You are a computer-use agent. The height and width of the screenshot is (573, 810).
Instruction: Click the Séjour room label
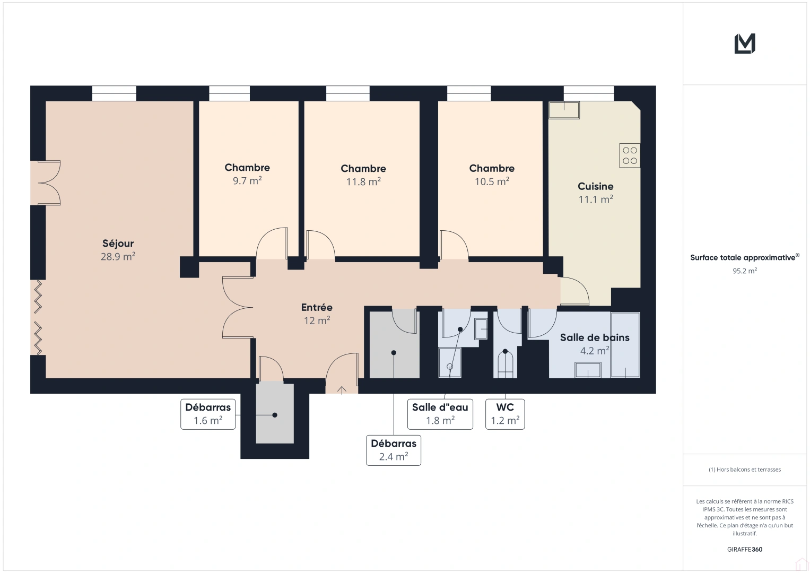(118, 244)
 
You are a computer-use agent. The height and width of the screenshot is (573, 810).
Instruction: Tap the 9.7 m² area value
(247, 180)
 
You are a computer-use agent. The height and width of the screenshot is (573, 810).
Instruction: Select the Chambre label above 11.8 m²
(363, 169)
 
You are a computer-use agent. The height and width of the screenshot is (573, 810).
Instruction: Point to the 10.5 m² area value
(492, 181)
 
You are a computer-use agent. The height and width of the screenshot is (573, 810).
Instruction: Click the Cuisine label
(596, 186)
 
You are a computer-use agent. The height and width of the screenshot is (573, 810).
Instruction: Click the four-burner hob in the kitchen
(630, 155)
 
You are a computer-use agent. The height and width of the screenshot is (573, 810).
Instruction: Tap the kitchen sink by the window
(564, 110)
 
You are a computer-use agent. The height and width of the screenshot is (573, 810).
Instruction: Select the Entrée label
(317, 308)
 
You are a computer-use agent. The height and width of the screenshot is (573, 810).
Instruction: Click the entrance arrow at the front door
(342, 390)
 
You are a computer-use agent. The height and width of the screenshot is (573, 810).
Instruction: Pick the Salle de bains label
(595, 337)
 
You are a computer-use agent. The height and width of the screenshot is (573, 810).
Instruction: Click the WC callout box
(505, 414)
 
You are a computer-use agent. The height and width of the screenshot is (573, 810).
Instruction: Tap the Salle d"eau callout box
(440, 414)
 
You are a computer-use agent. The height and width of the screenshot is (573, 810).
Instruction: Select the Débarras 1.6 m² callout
(208, 414)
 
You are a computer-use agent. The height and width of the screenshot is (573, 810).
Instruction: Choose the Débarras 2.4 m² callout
(394, 450)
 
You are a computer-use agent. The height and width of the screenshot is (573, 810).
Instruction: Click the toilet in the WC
(505, 364)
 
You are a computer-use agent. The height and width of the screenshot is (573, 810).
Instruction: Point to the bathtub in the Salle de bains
(625, 345)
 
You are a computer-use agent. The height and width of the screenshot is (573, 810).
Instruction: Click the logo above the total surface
(745, 44)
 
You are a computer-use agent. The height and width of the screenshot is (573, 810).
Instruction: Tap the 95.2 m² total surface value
(745, 271)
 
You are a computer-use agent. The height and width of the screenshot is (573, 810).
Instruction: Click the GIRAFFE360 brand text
(745, 549)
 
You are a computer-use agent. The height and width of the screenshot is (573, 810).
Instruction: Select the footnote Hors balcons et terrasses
(745, 470)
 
